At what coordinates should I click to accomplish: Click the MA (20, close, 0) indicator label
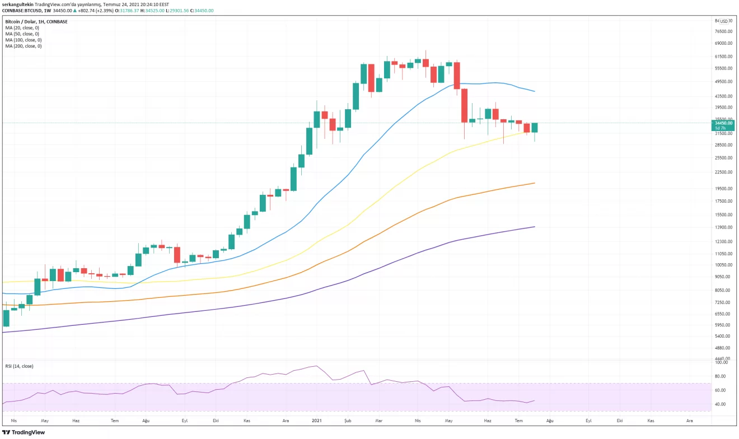click(23, 27)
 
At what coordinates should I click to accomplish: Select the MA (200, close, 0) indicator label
click(24, 46)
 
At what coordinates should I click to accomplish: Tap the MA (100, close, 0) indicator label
click(24, 40)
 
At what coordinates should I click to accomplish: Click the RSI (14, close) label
click(20, 366)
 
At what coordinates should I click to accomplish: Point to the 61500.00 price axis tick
click(723, 57)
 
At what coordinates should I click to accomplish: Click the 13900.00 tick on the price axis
click(723, 227)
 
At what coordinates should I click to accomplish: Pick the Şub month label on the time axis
click(348, 420)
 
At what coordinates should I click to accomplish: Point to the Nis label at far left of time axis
click(15, 420)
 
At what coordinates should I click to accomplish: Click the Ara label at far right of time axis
click(689, 420)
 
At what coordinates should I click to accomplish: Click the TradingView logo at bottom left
click(24, 432)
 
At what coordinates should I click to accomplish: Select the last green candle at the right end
click(535, 128)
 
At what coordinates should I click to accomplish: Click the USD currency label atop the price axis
click(723, 21)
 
